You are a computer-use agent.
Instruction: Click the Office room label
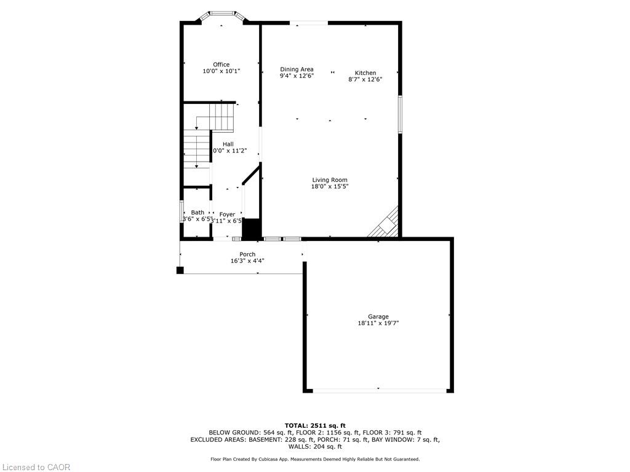point(221,65)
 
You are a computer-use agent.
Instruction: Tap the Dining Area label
point(297,69)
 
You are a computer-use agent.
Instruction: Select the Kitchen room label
point(365,73)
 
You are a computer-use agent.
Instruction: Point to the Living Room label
point(329,180)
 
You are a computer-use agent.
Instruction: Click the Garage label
point(378,317)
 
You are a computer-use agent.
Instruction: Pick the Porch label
point(247,254)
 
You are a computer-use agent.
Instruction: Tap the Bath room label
point(197,213)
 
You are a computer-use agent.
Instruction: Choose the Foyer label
point(227,214)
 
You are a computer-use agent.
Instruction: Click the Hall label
point(228,144)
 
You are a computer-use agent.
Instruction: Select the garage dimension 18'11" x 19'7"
point(378,323)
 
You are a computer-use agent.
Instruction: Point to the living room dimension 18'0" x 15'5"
point(329,187)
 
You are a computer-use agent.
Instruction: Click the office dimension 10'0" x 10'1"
point(221,71)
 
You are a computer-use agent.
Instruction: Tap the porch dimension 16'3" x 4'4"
point(247,261)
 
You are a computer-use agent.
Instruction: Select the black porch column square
point(180,270)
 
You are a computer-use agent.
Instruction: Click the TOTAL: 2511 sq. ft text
point(315,425)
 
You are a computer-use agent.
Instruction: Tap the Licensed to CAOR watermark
point(36,467)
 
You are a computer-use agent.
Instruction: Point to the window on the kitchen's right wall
point(399,114)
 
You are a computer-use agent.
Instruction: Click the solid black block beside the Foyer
point(251,229)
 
